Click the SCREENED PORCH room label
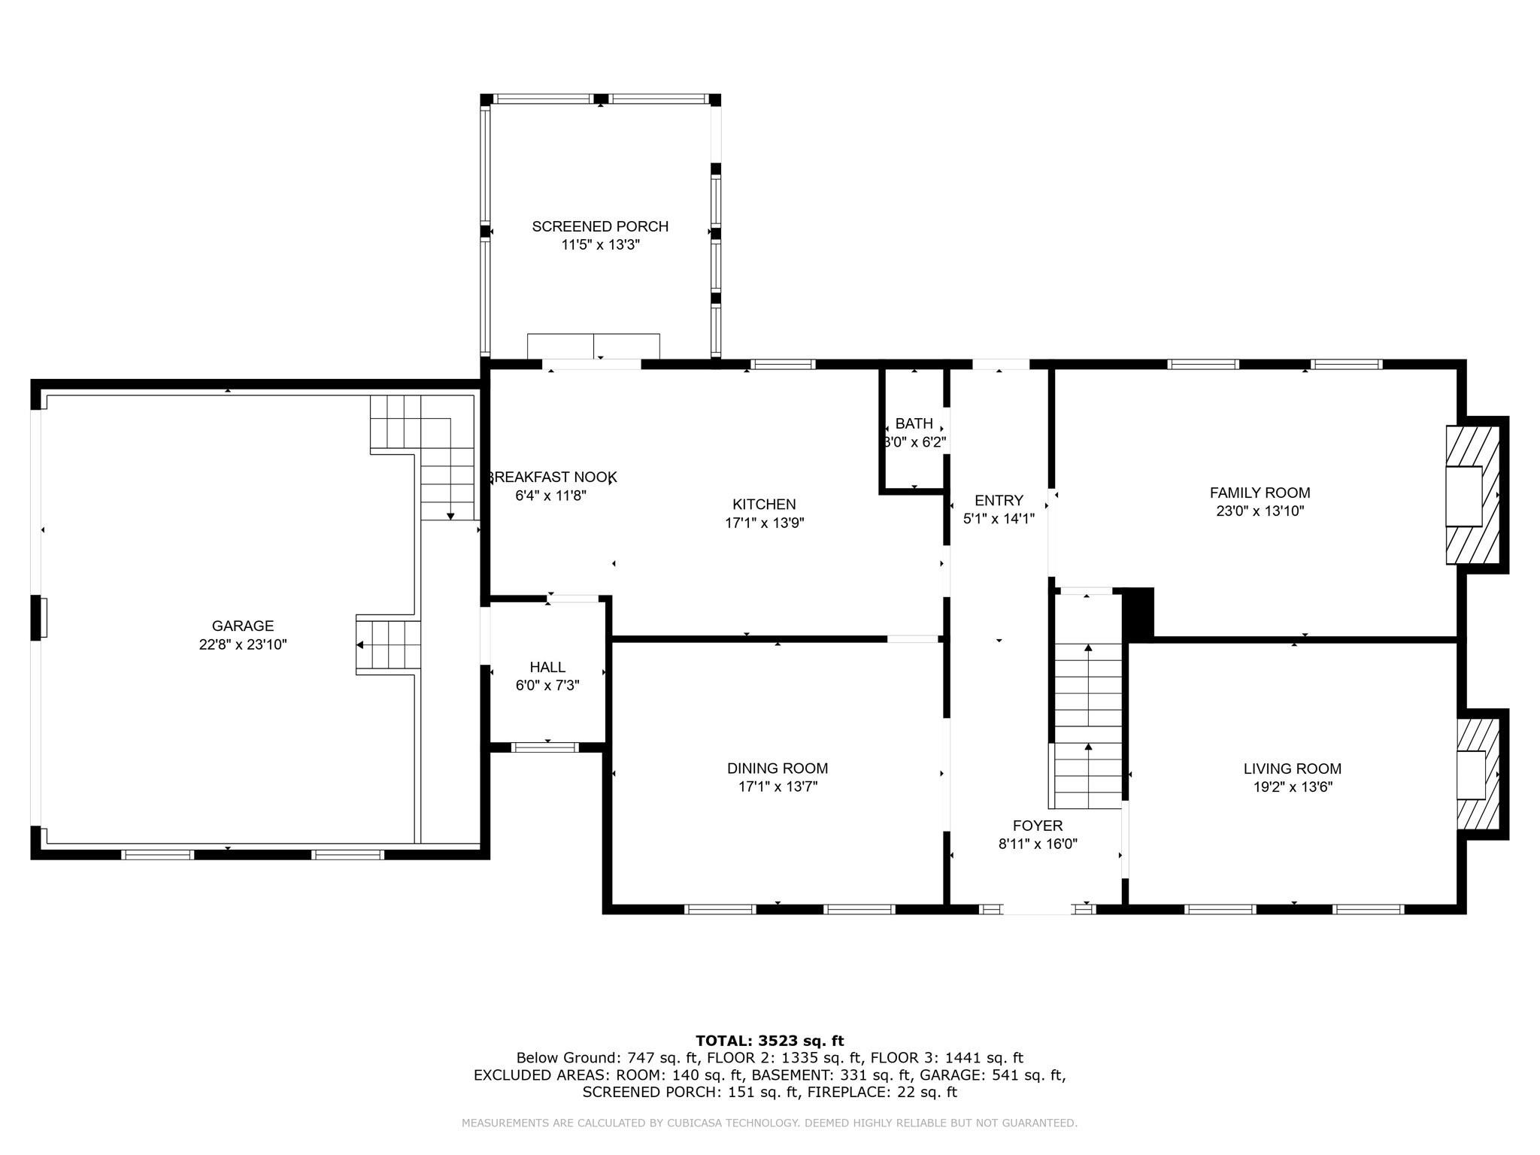pos(600,226)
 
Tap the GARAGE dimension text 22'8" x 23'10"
pos(243,644)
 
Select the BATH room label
pos(914,424)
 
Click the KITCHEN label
pos(764,505)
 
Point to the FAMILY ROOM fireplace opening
pos(1463,496)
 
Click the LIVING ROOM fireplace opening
pos(1471,775)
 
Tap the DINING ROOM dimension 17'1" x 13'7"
pos(778,787)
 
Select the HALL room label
pos(547,667)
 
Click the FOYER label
pos(1038,826)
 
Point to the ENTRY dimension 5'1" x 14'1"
pos(999,519)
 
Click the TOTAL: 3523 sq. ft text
pos(769,1041)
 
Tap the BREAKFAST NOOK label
pos(553,477)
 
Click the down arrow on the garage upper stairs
pos(450,515)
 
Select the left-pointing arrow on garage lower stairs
pos(361,645)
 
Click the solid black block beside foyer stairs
pos(1138,613)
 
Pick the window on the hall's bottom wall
pos(545,747)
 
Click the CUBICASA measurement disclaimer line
pos(769,1123)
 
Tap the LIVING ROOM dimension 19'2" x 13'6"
pos(1292,787)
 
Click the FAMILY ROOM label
pos(1260,493)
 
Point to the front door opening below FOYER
pos(1037,910)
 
